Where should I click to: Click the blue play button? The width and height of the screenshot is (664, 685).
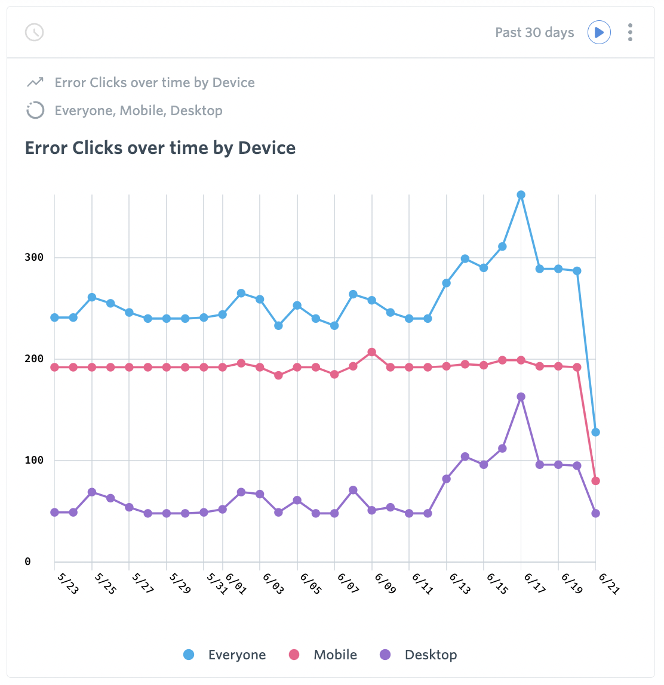[x=599, y=32]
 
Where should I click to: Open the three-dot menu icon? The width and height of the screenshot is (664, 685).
[x=630, y=32]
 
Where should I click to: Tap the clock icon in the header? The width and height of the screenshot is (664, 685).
[x=35, y=32]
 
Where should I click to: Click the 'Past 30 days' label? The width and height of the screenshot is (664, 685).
[x=534, y=32]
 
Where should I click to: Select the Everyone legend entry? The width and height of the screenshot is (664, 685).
[x=225, y=655]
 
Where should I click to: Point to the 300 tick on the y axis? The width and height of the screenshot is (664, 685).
[x=34, y=257]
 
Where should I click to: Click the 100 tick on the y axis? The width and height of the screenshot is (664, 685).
[x=34, y=460]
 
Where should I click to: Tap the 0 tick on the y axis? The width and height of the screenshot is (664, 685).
[x=27, y=561]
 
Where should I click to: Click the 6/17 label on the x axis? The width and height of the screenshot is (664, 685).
[x=534, y=583]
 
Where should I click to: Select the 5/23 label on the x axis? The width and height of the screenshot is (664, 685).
[x=67, y=583]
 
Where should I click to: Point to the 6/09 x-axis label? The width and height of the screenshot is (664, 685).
[x=385, y=583]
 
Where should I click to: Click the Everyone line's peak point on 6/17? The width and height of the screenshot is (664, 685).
[x=521, y=195]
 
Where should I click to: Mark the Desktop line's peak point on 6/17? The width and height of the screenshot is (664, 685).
[x=521, y=397]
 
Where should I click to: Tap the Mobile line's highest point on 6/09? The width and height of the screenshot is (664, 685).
[x=371, y=352]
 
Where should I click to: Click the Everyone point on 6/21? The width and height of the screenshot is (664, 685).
[x=595, y=432]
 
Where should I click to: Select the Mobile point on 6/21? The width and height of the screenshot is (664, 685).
[x=595, y=481]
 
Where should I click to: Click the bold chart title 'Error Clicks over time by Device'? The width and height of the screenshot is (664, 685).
[x=160, y=148]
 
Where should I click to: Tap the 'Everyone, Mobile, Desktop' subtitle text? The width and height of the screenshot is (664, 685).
[x=139, y=110]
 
